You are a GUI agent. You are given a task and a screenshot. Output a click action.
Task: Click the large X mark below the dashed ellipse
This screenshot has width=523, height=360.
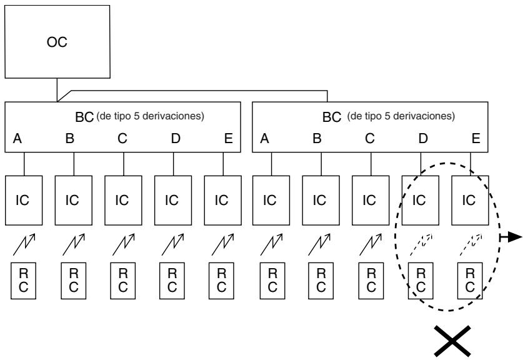point(452,341)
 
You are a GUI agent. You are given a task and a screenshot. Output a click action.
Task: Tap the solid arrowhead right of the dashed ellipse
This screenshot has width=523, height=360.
point(515,237)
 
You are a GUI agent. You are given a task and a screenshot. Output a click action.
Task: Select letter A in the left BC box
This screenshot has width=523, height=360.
point(17,138)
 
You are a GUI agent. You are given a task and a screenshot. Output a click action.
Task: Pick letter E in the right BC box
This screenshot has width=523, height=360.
point(476,138)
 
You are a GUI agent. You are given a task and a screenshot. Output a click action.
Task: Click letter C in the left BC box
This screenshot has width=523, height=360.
point(122,138)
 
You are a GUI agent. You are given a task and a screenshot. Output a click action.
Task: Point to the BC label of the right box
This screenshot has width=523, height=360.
point(332,117)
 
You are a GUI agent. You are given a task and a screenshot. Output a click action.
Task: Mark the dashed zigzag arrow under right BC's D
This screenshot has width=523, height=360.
point(421,244)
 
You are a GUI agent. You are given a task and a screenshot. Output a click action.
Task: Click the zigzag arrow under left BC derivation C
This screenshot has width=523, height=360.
point(124,244)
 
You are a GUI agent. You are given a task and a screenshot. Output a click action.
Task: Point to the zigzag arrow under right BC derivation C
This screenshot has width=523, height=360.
point(371,244)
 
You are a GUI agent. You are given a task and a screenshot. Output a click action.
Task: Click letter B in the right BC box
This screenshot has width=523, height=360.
point(317,138)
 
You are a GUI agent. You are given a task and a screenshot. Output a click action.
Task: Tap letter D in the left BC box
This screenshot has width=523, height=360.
point(176,138)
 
